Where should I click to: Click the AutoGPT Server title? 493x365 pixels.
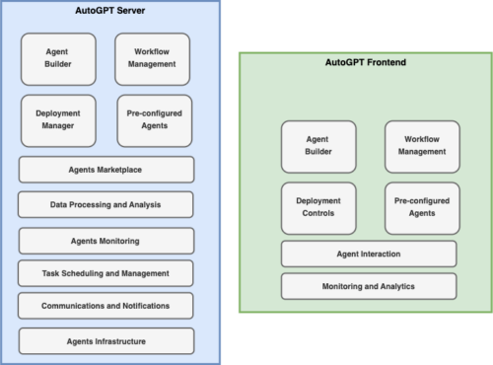(106, 11)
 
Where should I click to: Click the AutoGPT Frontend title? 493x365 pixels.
(366, 62)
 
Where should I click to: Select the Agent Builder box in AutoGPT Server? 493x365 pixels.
(57, 58)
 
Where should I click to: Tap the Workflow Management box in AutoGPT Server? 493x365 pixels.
(152, 58)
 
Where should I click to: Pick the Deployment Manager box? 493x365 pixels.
(57, 120)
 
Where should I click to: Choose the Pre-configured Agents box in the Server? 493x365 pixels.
(154, 120)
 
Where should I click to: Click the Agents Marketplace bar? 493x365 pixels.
(106, 170)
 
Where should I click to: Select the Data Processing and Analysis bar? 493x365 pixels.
(106, 205)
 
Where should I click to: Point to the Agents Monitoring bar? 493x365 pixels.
(106, 241)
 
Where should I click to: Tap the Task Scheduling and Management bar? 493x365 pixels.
(106, 273)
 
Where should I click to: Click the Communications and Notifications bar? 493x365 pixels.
(106, 306)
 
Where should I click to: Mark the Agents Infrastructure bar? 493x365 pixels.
(106, 341)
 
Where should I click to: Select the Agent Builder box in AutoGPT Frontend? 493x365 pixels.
(317, 146)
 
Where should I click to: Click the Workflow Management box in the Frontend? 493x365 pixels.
(421, 146)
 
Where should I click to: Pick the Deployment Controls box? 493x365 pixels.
(317, 207)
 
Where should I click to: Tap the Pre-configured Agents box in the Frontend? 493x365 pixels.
(421, 207)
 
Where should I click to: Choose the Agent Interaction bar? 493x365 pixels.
(369, 254)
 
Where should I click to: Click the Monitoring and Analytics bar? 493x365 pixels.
(369, 286)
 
